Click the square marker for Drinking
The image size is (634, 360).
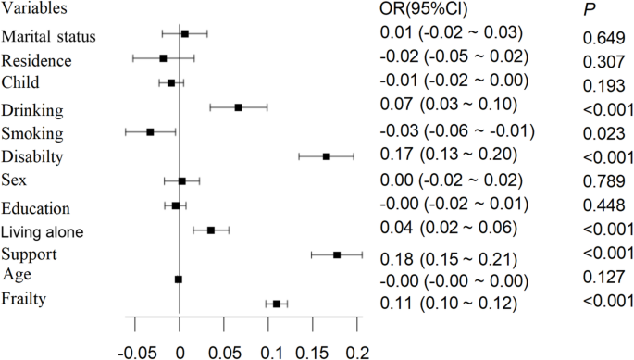point(238,107)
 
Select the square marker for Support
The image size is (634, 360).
point(337,254)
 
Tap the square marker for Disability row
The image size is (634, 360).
point(327,157)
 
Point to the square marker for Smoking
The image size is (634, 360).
point(150,132)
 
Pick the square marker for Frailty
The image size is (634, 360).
point(277,304)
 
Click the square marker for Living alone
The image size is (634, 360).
point(211,230)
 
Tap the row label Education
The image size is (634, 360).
point(40,206)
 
